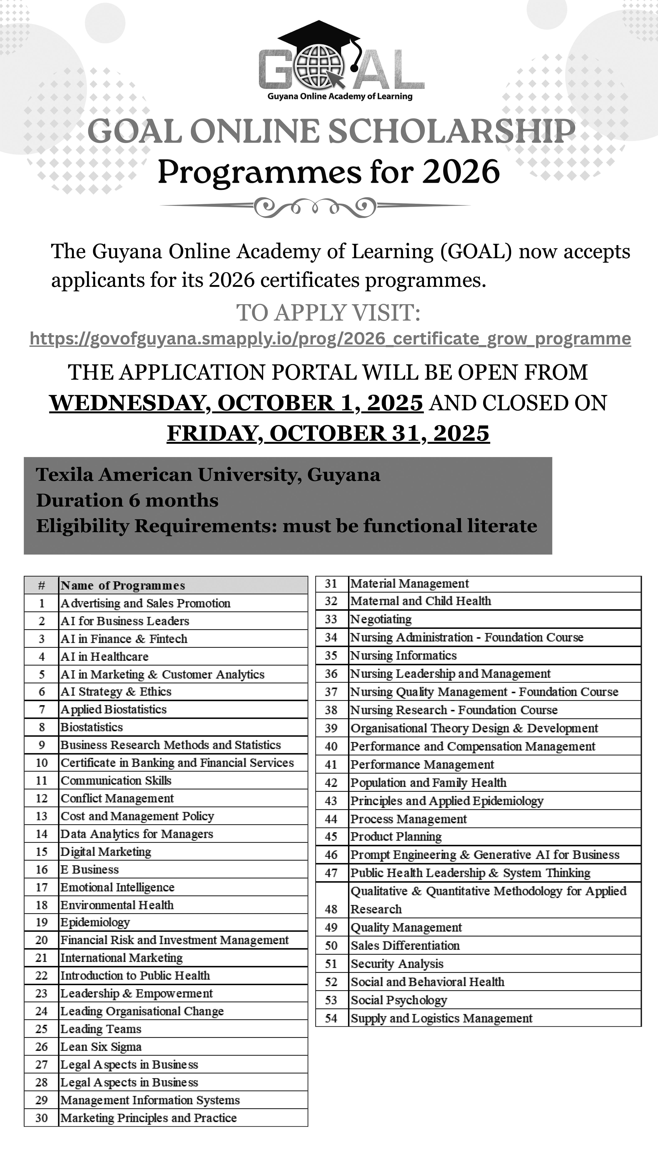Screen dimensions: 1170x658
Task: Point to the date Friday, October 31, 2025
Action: coord(328,433)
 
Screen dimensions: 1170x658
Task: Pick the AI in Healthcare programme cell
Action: coord(105,656)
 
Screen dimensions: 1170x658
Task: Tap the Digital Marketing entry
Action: coord(106,852)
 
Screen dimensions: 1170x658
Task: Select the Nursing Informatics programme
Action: coord(403,655)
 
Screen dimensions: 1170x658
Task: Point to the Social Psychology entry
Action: coord(399,1000)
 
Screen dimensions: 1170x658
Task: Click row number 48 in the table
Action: coord(331,909)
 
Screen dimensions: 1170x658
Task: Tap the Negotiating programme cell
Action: coord(381,619)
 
